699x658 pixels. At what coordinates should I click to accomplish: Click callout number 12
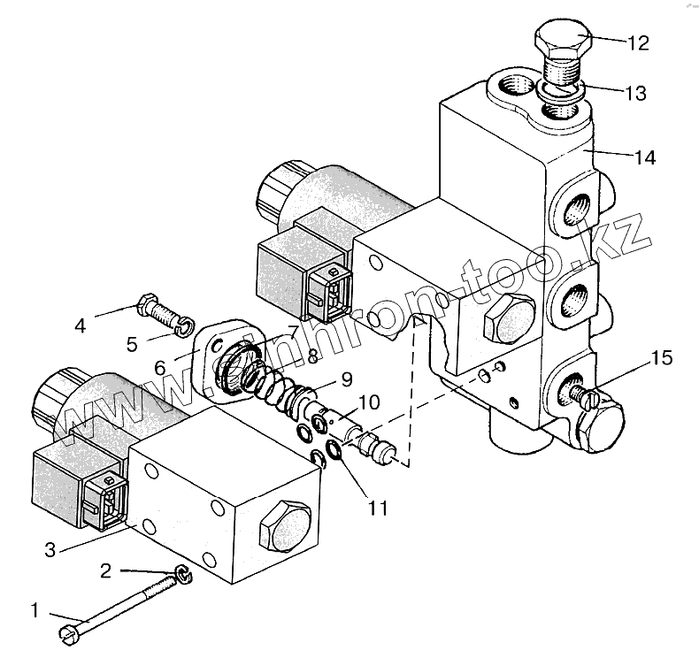point(638,43)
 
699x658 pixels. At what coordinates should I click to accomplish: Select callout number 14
point(644,157)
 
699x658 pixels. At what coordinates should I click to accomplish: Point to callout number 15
point(661,358)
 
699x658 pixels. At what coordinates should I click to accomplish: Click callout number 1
point(35,609)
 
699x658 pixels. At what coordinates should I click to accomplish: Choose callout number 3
point(50,550)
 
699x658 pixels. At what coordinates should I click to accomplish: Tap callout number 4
point(80,325)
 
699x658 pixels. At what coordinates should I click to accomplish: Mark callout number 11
point(379,509)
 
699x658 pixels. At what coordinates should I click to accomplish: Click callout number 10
point(369,402)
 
